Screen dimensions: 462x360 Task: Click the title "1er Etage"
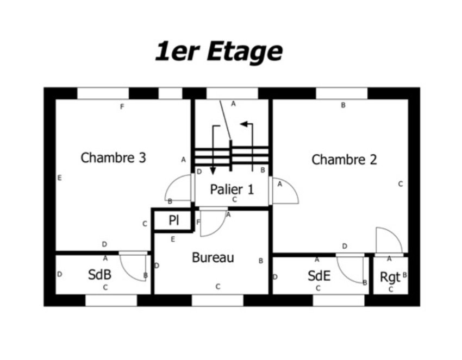click(x=219, y=52)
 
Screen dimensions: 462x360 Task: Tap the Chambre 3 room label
click(x=114, y=158)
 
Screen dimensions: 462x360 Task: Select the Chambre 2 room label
click(x=344, y=160)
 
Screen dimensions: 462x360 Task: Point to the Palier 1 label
click(x=232, y=190)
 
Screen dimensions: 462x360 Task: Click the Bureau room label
click(x=213, y=257)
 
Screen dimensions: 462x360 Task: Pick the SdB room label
click(x=99, y=275)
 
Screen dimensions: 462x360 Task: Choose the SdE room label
click(x=319, y=276)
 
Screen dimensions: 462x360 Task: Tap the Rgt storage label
click(x=390, y=277)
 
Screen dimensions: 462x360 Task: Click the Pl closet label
click(x=174, y=220)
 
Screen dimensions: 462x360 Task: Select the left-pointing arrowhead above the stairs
click(x=244, y=124)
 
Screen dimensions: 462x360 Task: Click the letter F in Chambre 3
click(x=122, y=106)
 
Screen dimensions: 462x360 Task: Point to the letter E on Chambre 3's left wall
click(x=60, y=178)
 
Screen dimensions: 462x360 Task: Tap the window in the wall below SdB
click(x=111, y=300)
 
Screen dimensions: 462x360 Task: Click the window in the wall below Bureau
click(x=217, y=300)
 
